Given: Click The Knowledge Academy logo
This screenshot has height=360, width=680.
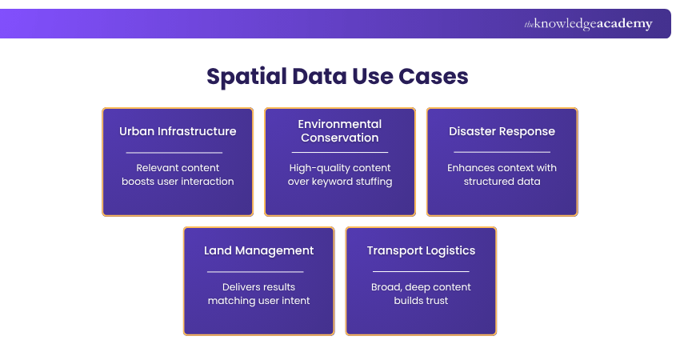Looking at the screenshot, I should (588, 24).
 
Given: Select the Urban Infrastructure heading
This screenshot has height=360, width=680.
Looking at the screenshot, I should (178, 131).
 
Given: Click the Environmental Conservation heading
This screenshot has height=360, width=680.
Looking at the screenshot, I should (340, 130).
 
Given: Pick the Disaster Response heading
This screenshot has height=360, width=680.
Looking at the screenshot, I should (502, 131).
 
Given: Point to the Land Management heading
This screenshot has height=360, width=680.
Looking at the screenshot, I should (258, 250).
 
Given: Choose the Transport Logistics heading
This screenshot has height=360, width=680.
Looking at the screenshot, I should (421, 250).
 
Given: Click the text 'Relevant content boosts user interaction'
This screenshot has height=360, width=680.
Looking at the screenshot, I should (178, 174).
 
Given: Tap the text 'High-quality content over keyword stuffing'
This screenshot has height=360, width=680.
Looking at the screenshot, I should (340, 174).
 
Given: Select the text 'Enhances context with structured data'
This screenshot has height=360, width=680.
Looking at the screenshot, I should (502, 174).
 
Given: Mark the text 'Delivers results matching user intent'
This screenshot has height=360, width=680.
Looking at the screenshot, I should (258, 294).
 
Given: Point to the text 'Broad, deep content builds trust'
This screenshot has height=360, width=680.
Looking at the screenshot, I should (421, 294).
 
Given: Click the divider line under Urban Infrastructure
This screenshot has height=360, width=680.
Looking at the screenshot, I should (174, 152).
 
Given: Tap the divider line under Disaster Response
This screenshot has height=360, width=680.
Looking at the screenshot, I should (502, 152).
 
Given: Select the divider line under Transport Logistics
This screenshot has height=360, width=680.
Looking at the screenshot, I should (421, 271).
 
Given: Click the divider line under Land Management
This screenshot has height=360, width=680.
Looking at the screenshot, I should (255, 271).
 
